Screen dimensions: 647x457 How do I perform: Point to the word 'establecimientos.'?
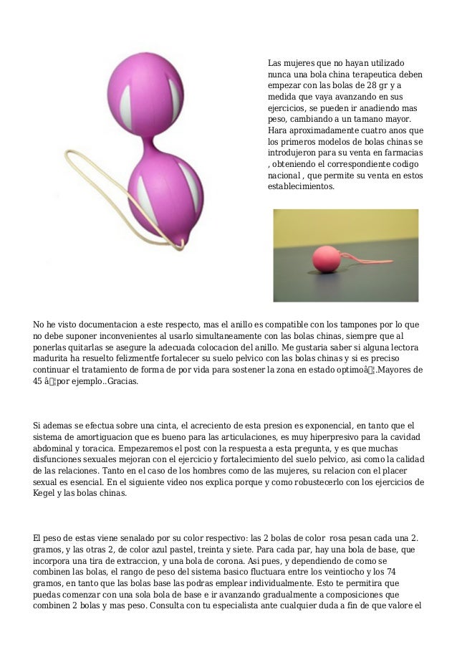300,186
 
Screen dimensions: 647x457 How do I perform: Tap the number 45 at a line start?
39,381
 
